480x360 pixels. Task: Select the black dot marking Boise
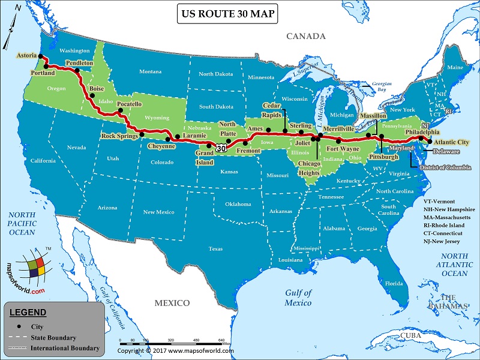click(x=92, y=96)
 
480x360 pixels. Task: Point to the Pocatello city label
click(x=129, y=104)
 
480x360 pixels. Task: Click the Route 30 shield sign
click(x=221, y=148)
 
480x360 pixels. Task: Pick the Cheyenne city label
click(x=161, y=145)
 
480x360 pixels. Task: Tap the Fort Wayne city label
click(x=342, y=148)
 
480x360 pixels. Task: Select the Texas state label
click(x=215, y=248)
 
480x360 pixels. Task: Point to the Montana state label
click(x=150, y=71)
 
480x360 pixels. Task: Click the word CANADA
click(x=305, y=37)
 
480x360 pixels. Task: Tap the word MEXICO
click(x=172, y=303)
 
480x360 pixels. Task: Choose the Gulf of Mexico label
click(x=298, y=298)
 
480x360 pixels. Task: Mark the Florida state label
click(x=394, y=283)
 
